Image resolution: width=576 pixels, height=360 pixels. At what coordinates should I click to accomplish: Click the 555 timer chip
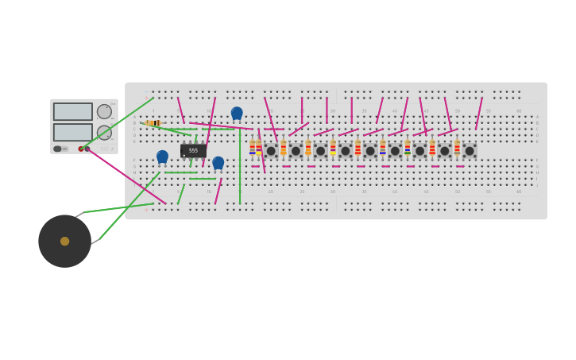point(193,150)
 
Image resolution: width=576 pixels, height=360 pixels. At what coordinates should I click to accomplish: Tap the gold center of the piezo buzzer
point(64,241)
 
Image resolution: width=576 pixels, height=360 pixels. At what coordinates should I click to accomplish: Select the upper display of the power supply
point(73,111)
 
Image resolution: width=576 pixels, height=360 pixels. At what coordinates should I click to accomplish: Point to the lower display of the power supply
point(73,132)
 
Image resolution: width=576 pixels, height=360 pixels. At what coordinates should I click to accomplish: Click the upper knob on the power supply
point(104,111)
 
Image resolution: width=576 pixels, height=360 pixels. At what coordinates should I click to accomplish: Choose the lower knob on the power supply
point(104,132)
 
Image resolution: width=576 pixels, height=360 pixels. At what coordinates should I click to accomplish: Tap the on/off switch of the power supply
point(58,149)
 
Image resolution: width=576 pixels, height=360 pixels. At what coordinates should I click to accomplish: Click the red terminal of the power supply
point(81,149)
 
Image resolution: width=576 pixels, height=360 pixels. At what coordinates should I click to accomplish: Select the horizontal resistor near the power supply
point(153,123)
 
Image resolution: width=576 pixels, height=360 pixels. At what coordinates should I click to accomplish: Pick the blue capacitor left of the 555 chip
point(162,157)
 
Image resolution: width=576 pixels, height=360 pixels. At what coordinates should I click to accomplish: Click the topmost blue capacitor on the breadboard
point(237,113)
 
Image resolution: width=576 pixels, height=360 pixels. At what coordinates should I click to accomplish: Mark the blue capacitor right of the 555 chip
point(218,162)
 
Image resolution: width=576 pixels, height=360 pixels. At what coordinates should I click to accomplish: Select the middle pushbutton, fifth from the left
point(370,151)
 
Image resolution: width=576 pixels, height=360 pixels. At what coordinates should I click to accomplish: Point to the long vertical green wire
point(240,167)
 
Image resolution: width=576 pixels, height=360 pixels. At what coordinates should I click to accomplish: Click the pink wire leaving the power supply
point(127,176)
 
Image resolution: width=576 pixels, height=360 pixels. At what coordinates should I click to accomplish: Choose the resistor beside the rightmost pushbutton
point(457,147)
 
